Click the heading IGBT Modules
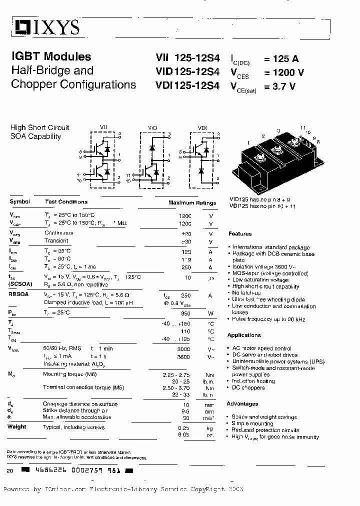point(51,57)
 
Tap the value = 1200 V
point(283,72)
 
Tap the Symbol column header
point(19,202)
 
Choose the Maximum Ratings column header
point(192,203)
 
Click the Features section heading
point(240,234)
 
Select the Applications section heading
point(244,335)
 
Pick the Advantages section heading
point(242,404)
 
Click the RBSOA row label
point(19,295)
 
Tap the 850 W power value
point(185,313)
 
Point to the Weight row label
point(17,427)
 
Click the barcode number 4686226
point(49,471)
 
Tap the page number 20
point(10,471)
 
